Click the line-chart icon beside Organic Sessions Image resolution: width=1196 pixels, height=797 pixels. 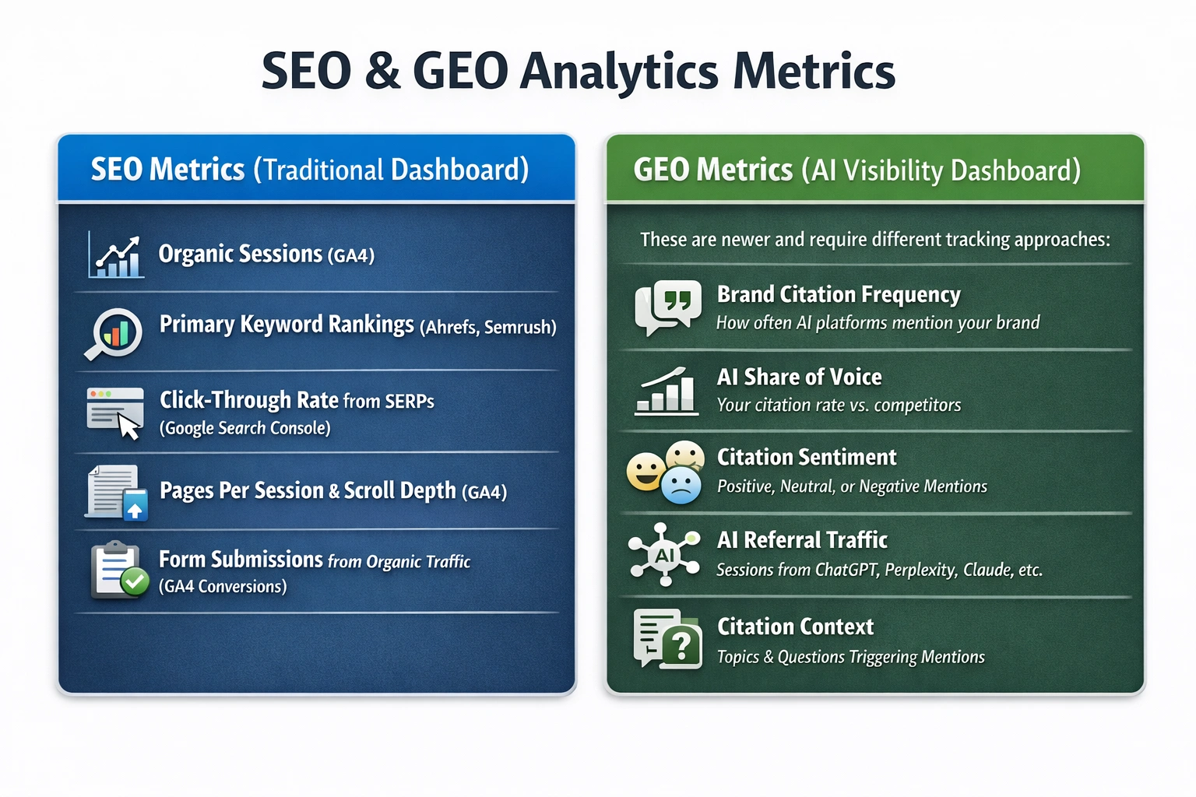click(116, 255)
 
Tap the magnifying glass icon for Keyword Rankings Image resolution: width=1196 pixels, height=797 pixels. click(114, 334)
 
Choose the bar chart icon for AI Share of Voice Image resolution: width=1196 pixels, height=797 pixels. click(665, 391)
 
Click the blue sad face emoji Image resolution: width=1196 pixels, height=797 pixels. click(681, 485)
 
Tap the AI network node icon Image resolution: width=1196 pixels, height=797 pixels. click(664, 554)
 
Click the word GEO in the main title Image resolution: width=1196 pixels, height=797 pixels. click(460, 72)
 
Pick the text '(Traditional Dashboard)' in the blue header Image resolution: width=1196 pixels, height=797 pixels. click(391, 170)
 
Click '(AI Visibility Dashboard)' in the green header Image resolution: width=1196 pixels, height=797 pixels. click(941, 170)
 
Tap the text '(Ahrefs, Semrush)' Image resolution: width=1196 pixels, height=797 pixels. click(487, 327)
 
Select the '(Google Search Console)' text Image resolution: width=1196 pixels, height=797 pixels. click(244, 428)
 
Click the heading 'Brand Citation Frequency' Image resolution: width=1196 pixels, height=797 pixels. click(838, 294)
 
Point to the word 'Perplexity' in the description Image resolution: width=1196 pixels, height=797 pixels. click(920, 570)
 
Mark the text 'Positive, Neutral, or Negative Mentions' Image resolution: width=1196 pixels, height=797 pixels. click(851, 486)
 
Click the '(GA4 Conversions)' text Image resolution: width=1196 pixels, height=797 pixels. click(223, 586)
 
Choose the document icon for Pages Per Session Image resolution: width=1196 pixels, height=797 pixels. click(116, 492)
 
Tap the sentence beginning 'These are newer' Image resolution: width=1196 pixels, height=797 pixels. click(874, 239)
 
